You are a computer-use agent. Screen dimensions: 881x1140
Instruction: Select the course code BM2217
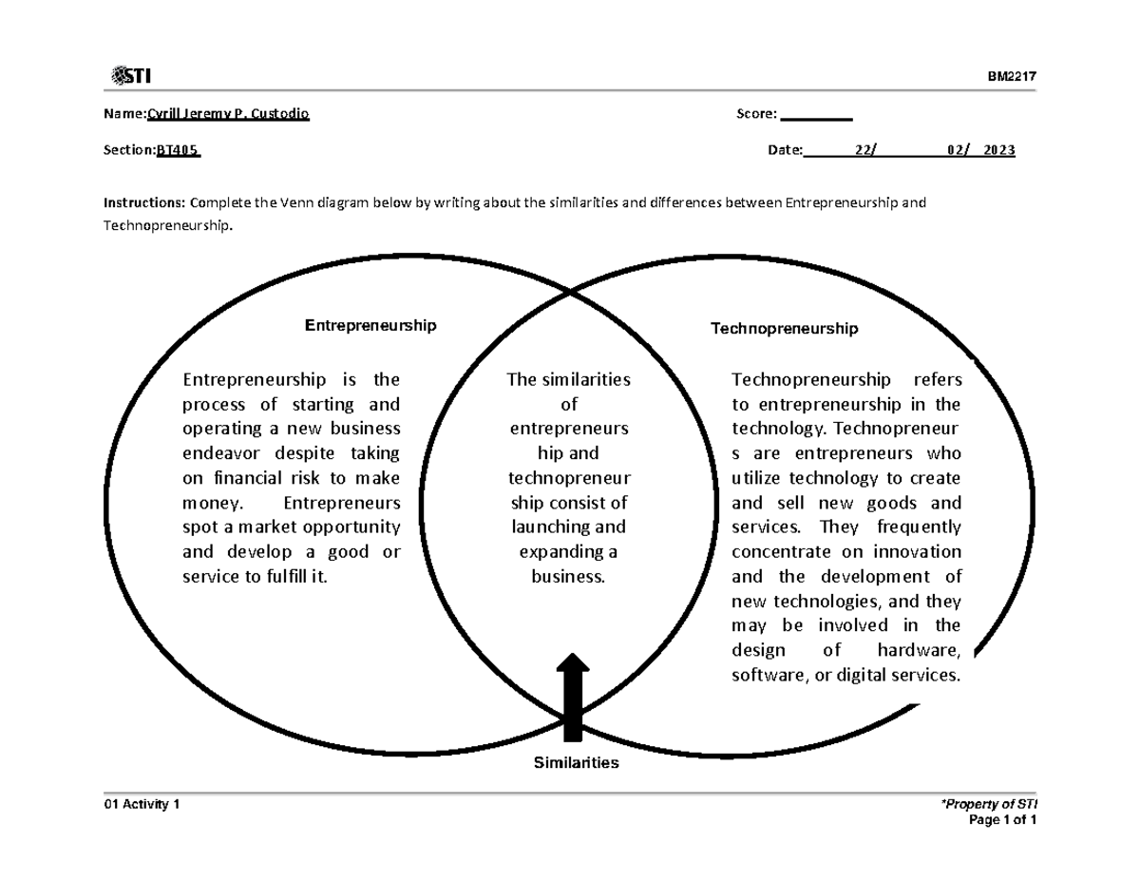[x=1016, y=77]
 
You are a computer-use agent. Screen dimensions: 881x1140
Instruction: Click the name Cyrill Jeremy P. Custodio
[x=227, y=115]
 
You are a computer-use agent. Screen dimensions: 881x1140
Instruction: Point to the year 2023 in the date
[x=999, y=150]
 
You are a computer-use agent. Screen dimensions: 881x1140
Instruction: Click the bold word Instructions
[x=145, y=203]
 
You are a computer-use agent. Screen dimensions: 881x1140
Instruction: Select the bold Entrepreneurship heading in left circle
[x=370, y=326]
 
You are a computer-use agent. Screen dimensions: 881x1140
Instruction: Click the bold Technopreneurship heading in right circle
[x=785, y=329]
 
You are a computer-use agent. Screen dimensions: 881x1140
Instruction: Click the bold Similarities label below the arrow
[x=576, y=763]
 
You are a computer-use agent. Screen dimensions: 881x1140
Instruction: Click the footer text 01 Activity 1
[x=142, y=805]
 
